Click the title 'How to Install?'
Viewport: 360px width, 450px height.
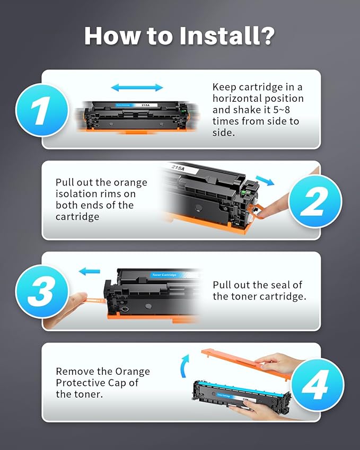click(180, 36)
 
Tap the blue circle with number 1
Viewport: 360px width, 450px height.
click(42, 110)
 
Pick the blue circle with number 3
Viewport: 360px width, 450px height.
click(42, 291)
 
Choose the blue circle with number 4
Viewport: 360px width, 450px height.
click(317, 384)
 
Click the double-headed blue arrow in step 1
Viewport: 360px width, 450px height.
click(137, 87)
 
